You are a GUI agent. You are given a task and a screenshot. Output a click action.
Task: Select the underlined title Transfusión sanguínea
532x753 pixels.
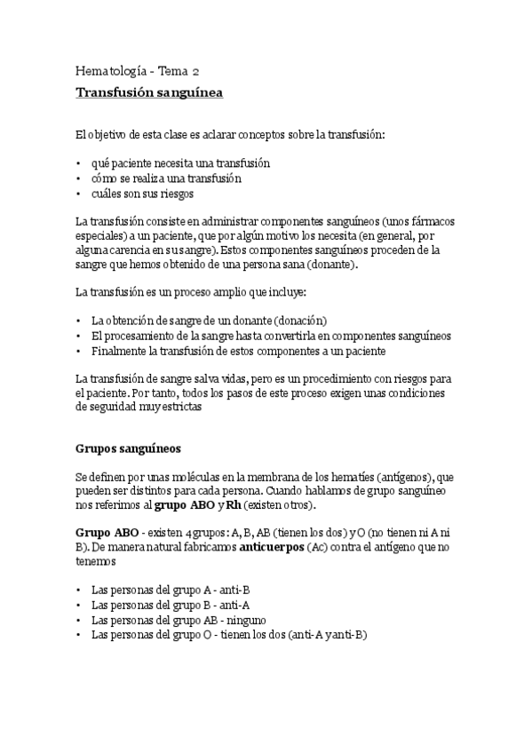pos(149,91)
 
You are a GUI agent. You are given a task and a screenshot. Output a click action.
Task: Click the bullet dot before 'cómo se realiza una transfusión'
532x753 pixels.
pos(79,178)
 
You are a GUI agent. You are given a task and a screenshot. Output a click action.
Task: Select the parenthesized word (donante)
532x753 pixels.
pos(331,265)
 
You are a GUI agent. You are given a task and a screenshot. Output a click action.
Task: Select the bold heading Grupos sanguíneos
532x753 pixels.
pos(129,449)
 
